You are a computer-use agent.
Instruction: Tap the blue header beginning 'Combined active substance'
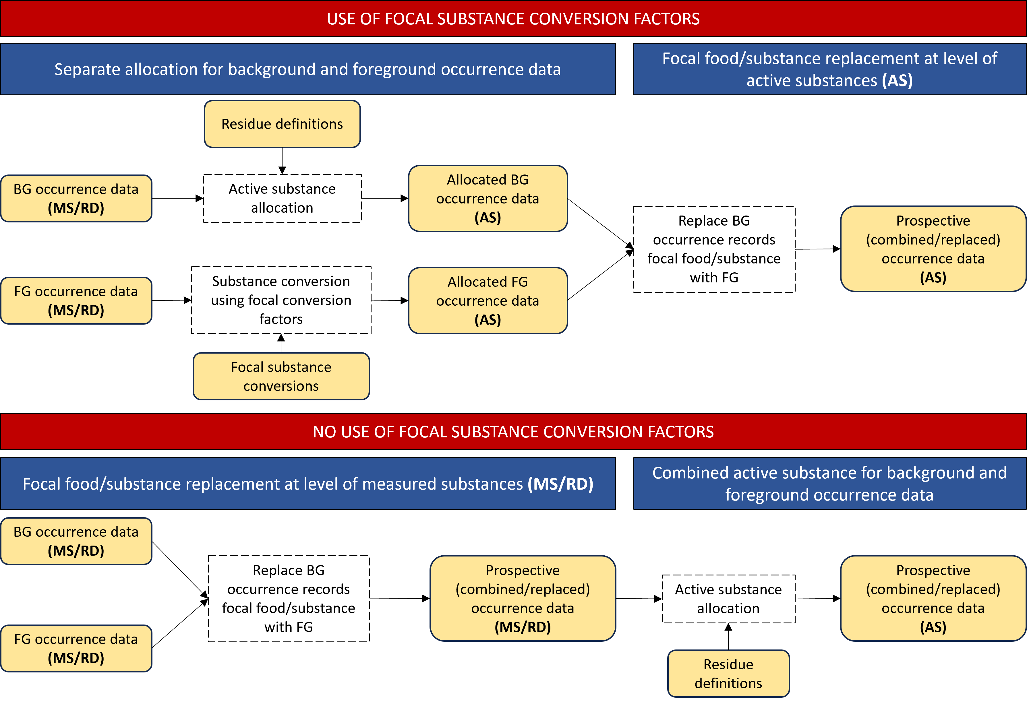click(829, 484)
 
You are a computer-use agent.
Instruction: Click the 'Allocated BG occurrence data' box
click(488, 198)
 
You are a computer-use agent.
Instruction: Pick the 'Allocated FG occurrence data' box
click(488, 300)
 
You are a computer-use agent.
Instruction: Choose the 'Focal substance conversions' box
click(281, 377)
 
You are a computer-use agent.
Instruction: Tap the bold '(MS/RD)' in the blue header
click(560, 484)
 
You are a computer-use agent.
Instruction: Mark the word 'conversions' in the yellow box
click(281, 386)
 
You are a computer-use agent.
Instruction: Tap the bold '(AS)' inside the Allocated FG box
click(488, 319)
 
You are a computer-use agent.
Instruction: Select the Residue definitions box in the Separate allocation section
click(282, 124)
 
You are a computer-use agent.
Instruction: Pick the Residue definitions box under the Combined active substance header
click(728, 674)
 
